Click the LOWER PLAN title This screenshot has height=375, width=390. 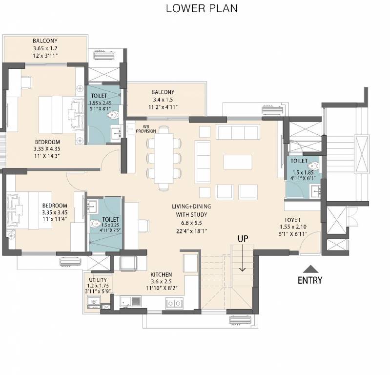pyautogui.click(x=195, y=8)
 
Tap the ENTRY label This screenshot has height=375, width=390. pyautogui.click(x=310, y=280)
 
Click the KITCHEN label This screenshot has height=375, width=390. pyautogui.click(x=161, y=274)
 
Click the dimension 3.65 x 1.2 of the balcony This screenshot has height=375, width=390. pyautogui.click(x=45, y=49)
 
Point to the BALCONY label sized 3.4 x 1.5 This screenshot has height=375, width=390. pyautogui.click(x=163, y=92)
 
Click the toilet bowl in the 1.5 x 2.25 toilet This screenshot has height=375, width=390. pyautogui.click(x=95, y=224)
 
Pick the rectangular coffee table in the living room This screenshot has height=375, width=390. pyautogui.click(x=238, y=162)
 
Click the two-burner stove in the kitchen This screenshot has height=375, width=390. pyautogui.click(x=173, y=303)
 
